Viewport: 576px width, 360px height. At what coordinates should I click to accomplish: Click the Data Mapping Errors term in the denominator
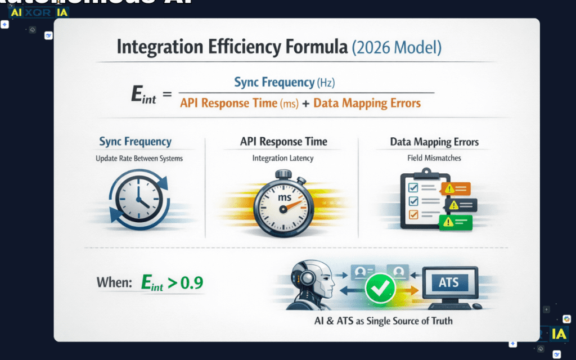tap(367, 103)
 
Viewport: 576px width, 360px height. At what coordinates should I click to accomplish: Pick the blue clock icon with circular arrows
tap(137, 198)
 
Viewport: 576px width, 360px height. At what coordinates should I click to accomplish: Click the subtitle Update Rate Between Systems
tap(139, 159)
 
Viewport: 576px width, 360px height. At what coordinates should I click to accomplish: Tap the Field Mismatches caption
tap(434, 159)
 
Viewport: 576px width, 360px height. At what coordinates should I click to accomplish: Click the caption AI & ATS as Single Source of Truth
tap(383, 321)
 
